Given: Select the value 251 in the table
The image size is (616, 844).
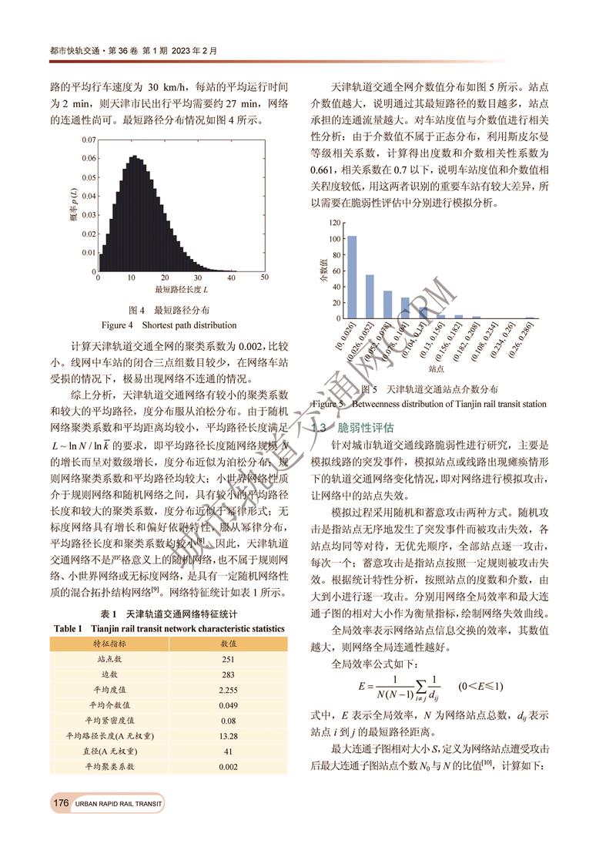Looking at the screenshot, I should pos(228,659).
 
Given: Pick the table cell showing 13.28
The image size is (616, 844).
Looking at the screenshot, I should pos(228,736).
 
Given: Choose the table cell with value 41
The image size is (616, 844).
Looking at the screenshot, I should pos(228,752).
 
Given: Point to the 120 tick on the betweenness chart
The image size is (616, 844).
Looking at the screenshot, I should pos(333,223).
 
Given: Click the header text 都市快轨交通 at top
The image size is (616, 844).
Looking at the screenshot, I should pos(73,51).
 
